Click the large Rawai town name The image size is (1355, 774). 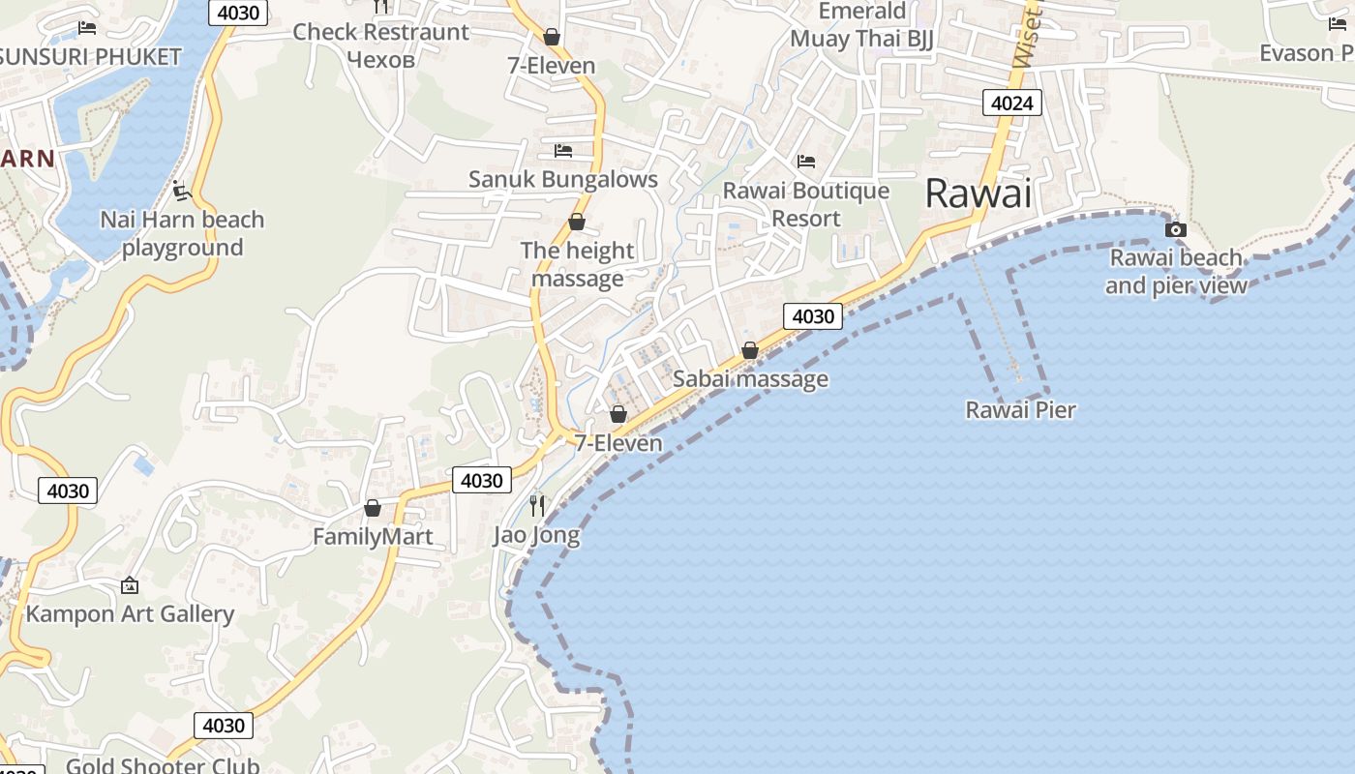[978, 193]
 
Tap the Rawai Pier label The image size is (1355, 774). [1020, 410]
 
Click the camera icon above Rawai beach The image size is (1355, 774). [1176, 229]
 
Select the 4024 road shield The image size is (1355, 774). [1011, 102]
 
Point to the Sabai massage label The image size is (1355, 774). [750, 378]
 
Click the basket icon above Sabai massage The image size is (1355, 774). [750, 350]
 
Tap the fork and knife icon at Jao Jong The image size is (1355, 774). [537, 505]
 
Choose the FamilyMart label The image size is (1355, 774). [373, 536]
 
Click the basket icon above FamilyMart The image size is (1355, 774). [373, 508]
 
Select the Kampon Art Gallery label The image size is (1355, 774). [130, 613]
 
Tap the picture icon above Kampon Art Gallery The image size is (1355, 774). [130, 585]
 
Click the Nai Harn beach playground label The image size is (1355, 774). [182, 233]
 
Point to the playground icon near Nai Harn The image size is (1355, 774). [181, 190]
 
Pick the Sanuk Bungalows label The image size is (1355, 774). [562, 179]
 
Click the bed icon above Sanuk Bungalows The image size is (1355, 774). [562, 150]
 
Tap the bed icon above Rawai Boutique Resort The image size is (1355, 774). [806, 161]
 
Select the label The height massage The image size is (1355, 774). [577, 264]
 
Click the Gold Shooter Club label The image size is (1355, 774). [163, 765]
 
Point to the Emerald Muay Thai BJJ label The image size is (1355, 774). [861, 25]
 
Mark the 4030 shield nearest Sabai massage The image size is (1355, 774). [812, 315]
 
